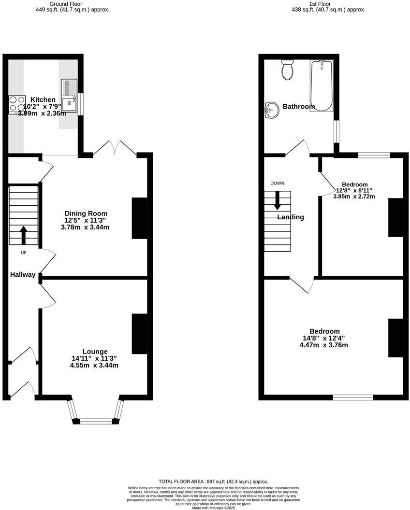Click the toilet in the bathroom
tap(287, 70)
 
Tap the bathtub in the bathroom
tap(321, 86)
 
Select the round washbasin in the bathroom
tap(272, 110)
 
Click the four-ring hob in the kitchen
tap(17, 104)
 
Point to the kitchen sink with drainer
tap(69, 95)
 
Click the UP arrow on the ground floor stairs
tap(23, 235)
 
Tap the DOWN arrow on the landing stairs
tap(278, 200)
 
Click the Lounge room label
tap(95, 351)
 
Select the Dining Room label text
tap(86, 213)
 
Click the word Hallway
tap(23, 274)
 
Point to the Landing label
tap(291, 217)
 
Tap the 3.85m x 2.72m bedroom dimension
tap(354, 197)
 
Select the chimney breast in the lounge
tap(139, 334)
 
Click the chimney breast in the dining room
tap(139, 218)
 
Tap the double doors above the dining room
tap(115, 148)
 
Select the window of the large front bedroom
tap(353, 397)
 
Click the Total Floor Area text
tap(213, 482)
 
